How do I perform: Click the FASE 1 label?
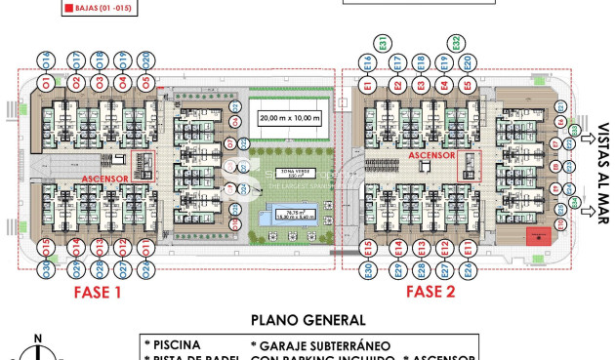[x=98, y=291]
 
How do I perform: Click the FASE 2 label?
[x=430, y=291]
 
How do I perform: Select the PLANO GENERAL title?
[x=307, y=319]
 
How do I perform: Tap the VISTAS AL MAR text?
[x=604, y=172]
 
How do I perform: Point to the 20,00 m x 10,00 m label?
[x=289, y=117]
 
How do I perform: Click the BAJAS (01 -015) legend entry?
[x=100, y=9]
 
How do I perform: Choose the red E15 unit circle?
[x=368, y=248]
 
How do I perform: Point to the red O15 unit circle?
[x=47, y=247]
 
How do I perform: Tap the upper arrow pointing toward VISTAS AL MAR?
[x=587, y=139]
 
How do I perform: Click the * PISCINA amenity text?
[x=173, y=344]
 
